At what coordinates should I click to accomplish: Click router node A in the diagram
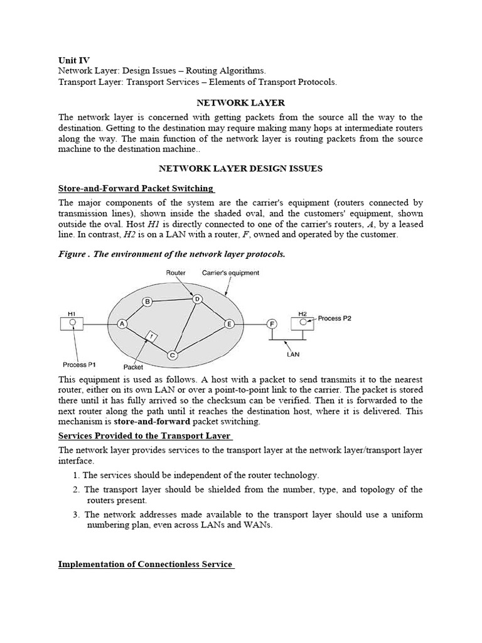tap(122, 323)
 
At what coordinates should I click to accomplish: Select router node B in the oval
tap(148, 302)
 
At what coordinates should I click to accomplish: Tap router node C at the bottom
tap(173, 355)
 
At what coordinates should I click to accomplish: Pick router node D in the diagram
tap(197, 299)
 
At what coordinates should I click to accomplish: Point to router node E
tap(228, 323)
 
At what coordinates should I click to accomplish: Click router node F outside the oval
tap(272, 323)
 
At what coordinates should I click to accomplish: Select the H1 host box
tap(72, 323)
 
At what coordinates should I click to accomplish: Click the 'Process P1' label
tap(78, 364)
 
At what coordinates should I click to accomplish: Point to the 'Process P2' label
tap(335, 318)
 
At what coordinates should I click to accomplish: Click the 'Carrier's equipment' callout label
tap(230, 273)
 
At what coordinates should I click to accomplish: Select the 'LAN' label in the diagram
tap(292, 354)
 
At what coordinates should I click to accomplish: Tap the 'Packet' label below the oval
tap(134, 367)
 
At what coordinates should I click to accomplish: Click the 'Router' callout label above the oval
tap(176, 273)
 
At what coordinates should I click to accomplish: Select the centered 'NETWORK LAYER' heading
tap(240, 102)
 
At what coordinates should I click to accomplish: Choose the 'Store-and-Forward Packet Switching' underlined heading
tap(136, 188)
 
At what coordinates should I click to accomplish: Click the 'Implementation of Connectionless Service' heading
tap(146, 564)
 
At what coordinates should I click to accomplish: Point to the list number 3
tap(75, 514)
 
